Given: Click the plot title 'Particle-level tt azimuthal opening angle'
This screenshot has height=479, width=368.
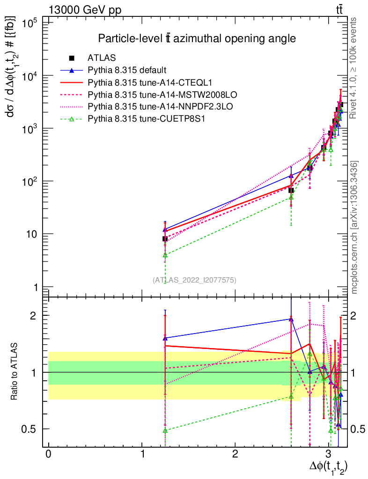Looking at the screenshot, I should [x=197, y=39].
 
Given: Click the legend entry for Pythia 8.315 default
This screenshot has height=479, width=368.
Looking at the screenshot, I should [x=127, y=71].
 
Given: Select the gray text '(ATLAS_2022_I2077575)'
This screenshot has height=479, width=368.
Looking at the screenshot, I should [x=194, y=280].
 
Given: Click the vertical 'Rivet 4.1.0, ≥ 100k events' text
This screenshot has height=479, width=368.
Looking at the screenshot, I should [x=354, y=68].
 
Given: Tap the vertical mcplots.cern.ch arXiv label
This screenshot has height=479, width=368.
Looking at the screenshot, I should [x=354, y=227].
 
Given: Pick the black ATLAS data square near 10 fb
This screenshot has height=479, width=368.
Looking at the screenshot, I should [x=165, y=239].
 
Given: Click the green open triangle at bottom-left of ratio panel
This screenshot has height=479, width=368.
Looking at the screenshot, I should [x=165, y=430].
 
